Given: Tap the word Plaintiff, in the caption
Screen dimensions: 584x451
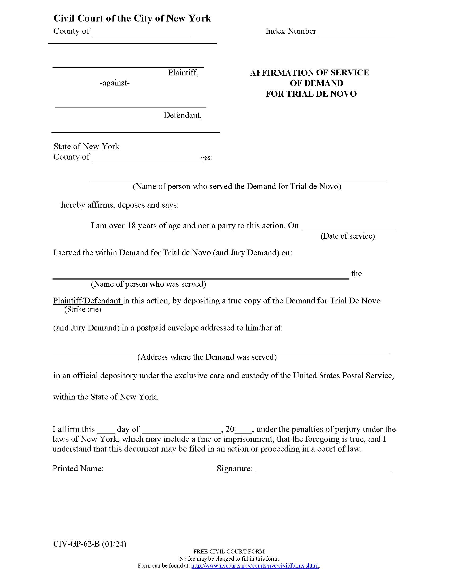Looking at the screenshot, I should click(183, 72).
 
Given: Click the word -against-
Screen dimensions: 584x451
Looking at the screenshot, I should click(115, 83).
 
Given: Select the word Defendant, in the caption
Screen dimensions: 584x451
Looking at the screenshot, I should click(183, 115).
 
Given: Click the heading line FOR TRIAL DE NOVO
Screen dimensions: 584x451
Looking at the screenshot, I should click(311, 94).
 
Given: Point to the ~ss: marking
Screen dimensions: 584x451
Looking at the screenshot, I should click(206, 157).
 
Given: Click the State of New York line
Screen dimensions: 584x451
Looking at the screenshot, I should click(86, 146).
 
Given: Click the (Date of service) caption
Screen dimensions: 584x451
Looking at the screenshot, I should click(347, 236).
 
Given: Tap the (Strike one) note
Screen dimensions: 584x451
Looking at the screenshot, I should click(83, 309).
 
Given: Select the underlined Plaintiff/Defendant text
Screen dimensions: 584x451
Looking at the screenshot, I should click(87, 300).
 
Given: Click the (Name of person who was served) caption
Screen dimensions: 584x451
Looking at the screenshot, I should click(148, 284).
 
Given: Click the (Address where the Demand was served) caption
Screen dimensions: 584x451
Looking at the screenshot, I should click(207, 357).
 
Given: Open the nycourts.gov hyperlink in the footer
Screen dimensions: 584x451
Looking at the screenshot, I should click(255, 566).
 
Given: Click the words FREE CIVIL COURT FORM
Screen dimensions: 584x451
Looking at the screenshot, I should click(229, 552).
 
